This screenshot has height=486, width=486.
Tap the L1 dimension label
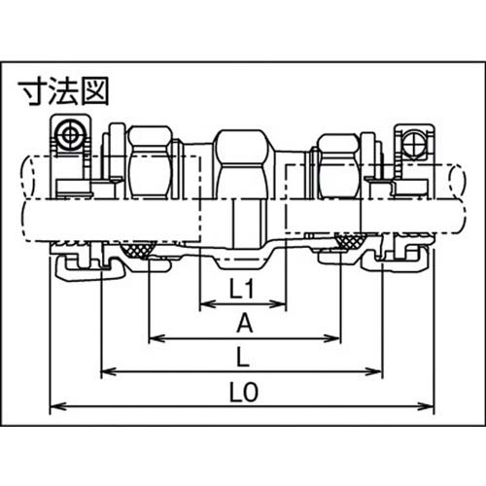[242, 288]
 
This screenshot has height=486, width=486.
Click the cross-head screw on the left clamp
[70, 134]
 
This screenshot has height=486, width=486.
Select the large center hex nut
[243, 160]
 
